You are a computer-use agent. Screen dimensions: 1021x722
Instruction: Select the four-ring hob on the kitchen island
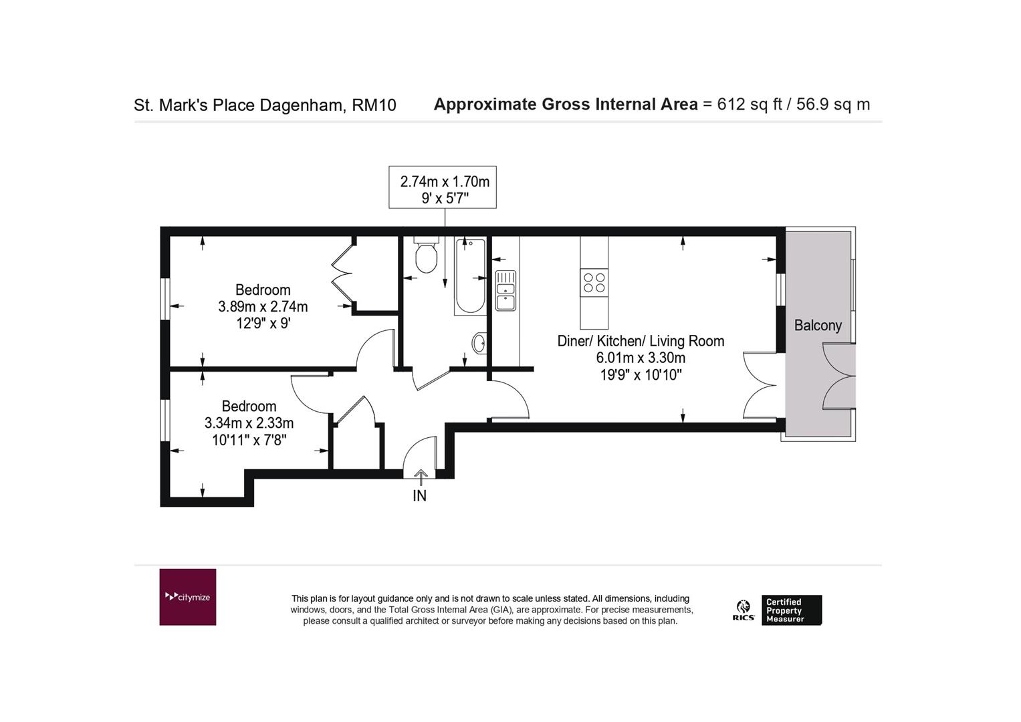tap(594, 283)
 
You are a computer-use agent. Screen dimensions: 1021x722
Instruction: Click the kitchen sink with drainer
tap(505, 290)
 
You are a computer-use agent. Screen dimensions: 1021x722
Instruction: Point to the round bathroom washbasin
tap(479, 343)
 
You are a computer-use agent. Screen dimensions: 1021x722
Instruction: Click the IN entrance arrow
tap(421, 477)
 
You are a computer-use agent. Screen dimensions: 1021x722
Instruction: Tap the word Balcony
tap(818, 326)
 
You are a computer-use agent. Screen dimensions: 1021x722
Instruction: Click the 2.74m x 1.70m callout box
tap(443, 187)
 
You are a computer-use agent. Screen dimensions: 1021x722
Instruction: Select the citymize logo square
tap(188, 597)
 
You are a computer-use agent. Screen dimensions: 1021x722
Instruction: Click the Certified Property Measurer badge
tap(792, 610)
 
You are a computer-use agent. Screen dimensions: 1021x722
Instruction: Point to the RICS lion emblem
tap(744, 607)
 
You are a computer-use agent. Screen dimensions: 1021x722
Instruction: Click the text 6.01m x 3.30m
tap(641, 358)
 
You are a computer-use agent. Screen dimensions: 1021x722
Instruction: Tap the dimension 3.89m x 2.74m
tap(263, 307)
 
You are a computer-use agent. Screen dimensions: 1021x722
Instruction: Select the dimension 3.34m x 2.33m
tap(249, 423)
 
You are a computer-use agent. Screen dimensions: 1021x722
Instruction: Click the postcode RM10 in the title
tap(374, 106)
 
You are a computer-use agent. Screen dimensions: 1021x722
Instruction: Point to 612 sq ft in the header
tap(750, 104)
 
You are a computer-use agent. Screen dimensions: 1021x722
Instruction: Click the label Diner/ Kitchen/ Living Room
tap(641, 341)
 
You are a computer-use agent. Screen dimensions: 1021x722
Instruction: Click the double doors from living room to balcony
tap(760, 385)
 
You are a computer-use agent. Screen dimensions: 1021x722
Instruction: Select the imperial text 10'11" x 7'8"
tap(249, 441)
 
